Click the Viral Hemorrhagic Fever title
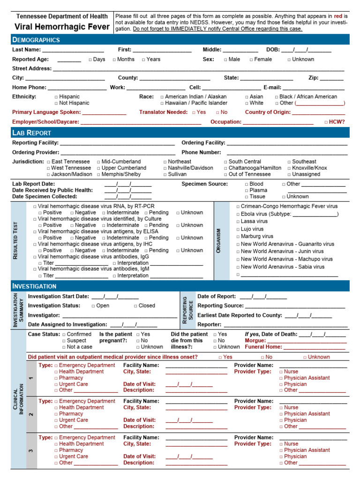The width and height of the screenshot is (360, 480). click(61, 27)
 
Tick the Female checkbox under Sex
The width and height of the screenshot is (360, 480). click(252, 60)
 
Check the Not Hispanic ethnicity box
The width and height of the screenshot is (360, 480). click(57, 103)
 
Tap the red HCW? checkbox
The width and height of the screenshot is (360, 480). click(326, 122)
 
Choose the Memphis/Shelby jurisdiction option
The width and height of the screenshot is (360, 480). click(99, 174)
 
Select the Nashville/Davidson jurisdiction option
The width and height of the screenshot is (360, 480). click(165, 168)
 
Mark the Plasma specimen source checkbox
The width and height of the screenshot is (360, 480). click(247, 191)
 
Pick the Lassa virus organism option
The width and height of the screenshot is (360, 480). click(238, 221)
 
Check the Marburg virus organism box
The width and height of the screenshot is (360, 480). click(238, 237)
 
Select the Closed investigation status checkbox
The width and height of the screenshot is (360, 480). click(136, 306)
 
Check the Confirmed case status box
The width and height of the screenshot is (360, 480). click(64, 335)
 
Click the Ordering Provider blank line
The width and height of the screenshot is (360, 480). click(118, 153)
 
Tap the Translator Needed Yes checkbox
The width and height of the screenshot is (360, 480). click(194, 112)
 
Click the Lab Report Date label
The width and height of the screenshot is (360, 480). click(33, 184)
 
